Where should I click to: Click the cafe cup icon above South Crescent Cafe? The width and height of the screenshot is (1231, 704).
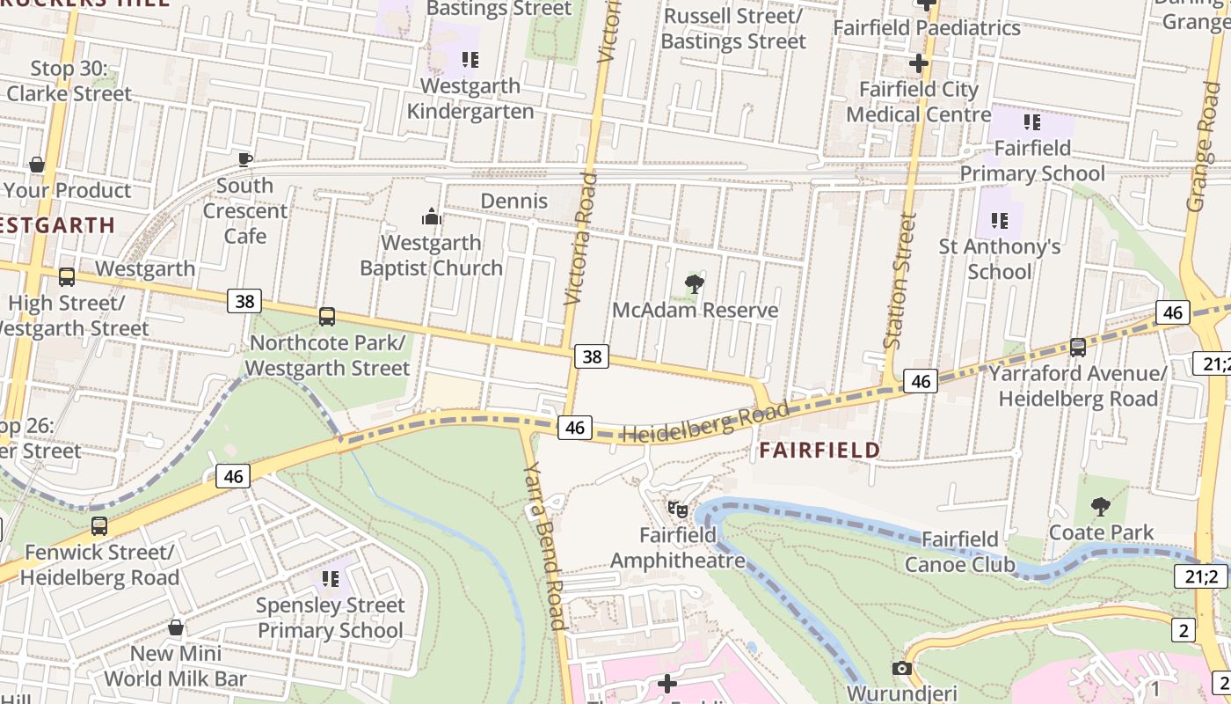[245, 159]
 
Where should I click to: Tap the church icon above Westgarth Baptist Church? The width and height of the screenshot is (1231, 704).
[431, 216]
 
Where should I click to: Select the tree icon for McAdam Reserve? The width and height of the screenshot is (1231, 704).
[695, 283]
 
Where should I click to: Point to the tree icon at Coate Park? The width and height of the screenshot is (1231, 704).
[1100, 506]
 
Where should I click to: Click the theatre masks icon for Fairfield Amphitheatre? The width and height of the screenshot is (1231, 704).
[677, 509]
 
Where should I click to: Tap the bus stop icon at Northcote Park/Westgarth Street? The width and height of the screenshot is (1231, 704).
[327, 316]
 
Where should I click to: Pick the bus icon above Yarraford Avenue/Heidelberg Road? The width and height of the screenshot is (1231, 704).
[1078, 347]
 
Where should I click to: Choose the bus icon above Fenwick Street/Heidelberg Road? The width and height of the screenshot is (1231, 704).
[99, 526]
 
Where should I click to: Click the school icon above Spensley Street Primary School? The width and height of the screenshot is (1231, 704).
[331, 578]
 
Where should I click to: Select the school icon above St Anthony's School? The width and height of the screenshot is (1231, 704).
[1000, 220]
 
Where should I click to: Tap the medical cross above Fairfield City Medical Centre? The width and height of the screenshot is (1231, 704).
[919, 63]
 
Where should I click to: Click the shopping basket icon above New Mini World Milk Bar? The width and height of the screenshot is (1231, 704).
[176, 627]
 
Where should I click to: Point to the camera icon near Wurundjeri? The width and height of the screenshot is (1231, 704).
[901, 668]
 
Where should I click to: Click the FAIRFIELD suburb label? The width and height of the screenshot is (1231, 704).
[819, 450]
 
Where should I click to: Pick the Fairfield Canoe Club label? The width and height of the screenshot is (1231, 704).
[960, 552]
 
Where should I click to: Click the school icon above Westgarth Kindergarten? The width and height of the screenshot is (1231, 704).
[470, 60]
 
